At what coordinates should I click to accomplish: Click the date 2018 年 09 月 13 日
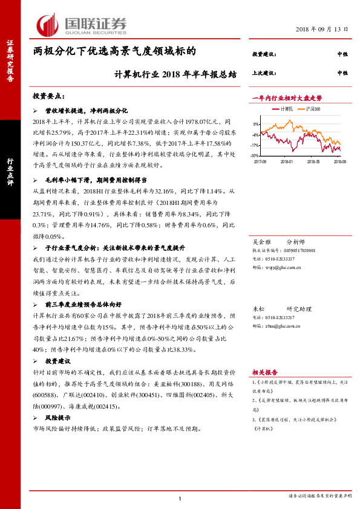click(x=322, y=30)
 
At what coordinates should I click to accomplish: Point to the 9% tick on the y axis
click(x=257, y=124)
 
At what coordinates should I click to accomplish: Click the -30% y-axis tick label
click(x=256, y=155)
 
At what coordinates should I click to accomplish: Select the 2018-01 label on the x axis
click(x=287, y=161)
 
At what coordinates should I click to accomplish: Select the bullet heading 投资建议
click(x=59, y=361)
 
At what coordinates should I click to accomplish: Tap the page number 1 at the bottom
click(x=180, y=498)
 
